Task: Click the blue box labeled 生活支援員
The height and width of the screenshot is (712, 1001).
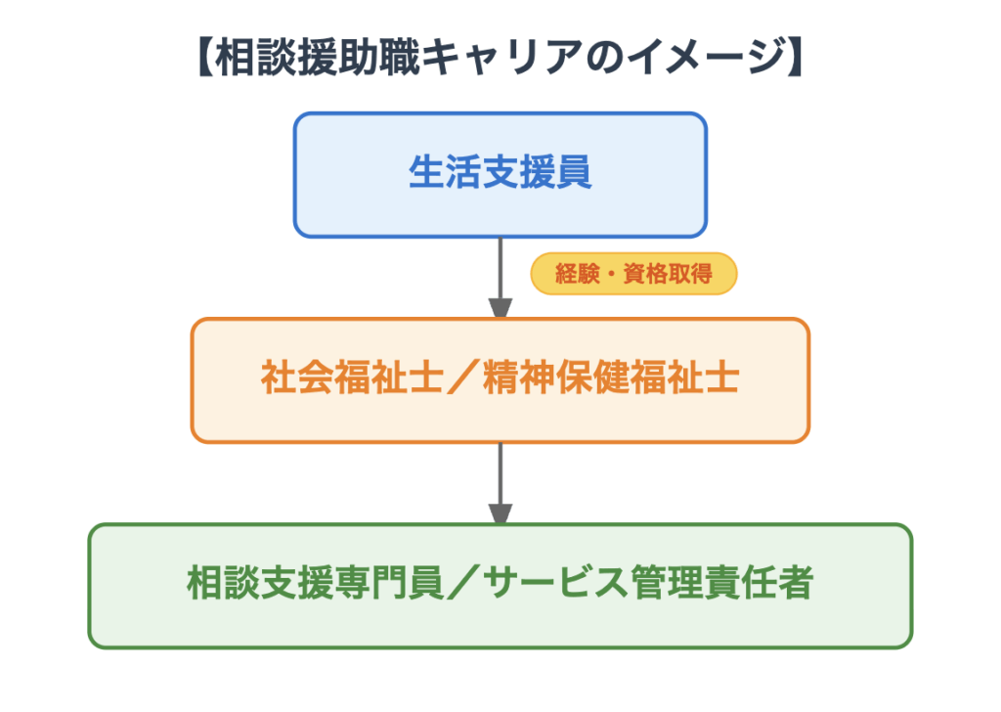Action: tap(500, 175)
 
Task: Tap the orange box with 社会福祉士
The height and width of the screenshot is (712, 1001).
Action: tap(500, 380)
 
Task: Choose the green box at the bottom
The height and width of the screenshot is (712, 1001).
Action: tap(500, 586)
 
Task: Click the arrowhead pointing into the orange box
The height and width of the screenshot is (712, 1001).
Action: tap(500, 306)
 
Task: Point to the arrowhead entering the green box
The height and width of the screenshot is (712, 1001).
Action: tap(500, 512)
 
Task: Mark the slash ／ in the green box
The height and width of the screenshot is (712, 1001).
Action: tap(463, 585)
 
